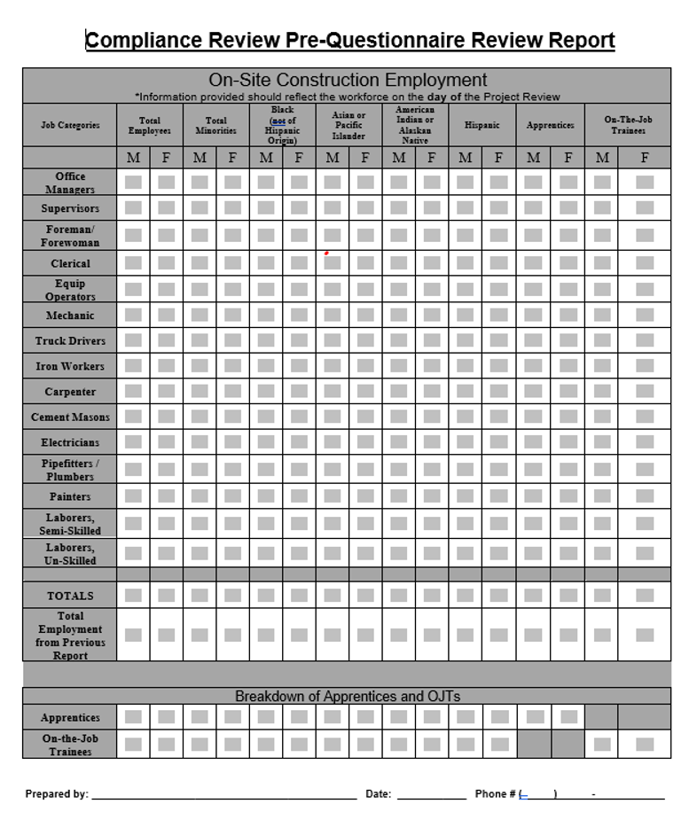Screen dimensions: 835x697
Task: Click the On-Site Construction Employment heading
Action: point(347,80)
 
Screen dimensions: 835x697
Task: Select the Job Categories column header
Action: point(70,125)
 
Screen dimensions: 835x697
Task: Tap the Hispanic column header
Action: point(482,125)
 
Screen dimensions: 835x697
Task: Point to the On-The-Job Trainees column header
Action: point(627,125)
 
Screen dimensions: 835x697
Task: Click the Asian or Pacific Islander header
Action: point(348,125)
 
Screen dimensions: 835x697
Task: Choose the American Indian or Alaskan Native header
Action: point(415,125)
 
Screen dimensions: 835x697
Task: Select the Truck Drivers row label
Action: point(70,341)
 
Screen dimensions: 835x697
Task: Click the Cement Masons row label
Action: point(70,417)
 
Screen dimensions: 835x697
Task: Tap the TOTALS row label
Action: point(70,596)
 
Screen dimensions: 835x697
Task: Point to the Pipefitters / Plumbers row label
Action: point(70,470)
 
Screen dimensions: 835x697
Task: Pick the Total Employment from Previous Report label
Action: point(70,636)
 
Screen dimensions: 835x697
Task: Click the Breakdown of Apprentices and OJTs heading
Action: point(347,697)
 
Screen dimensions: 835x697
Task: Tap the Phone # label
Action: point(495,794)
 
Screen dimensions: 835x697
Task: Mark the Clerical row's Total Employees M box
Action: point(133,263)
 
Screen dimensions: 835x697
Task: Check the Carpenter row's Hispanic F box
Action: point(499,392)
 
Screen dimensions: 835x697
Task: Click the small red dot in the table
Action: point(326,253)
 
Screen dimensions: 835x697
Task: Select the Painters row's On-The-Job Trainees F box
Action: point(645,496)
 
